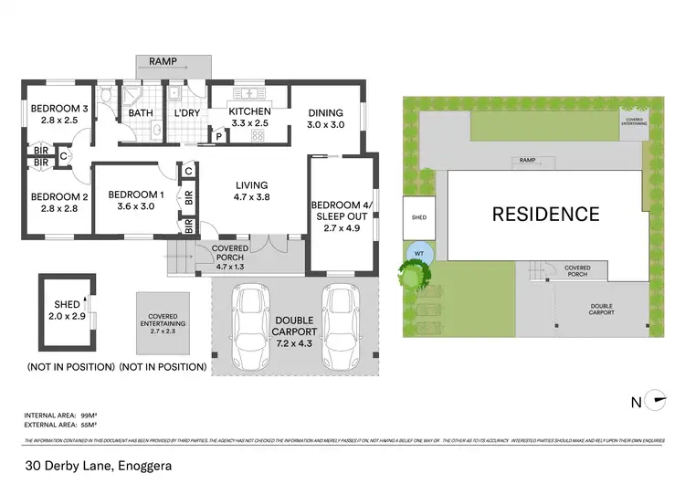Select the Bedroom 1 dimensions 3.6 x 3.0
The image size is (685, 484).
[136, 206]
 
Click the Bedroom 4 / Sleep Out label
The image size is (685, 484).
[341, 210]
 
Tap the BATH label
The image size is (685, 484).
[141, 113]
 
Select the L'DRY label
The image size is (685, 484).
[185, 113]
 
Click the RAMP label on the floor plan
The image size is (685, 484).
[174, 64]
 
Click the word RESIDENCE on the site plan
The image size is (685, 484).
[546, 215]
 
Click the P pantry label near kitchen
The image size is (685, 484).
[219, 136]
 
